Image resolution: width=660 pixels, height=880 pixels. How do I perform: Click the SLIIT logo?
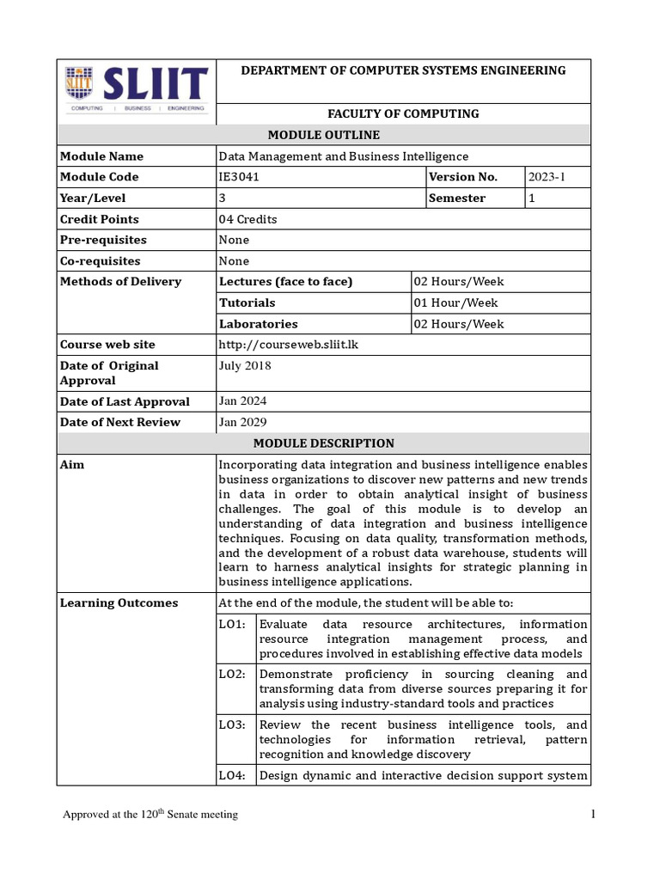coord(136,89)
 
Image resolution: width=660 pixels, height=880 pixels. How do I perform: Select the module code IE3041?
coord(239,177)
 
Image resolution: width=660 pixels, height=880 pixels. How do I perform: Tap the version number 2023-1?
coord(547,177)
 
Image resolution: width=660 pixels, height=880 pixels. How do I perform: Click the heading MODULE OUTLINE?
coord(324,135)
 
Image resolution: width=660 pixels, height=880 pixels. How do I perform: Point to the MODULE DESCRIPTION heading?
coord(324,443)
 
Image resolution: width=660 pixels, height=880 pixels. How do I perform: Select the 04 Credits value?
coord(248,219)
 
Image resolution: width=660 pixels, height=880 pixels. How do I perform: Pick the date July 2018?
coord(245,365)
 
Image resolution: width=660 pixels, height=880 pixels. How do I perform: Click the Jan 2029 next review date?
coord(242,422)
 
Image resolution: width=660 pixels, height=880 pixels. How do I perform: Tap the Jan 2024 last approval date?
coord(242,401)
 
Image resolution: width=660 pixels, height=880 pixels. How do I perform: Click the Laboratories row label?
coord(259,324)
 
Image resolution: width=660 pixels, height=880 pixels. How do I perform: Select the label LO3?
coord(232,724)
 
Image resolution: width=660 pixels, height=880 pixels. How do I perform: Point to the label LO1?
coord(232,624)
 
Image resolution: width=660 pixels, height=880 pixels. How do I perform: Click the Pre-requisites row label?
coord(103,240)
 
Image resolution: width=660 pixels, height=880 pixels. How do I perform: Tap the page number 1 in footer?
coord(593,814)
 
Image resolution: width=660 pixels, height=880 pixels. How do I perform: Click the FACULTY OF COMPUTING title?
coord(404,113)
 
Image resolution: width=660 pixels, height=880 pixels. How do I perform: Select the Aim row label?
coord(72,465)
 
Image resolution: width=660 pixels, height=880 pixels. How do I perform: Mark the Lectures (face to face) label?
coord(286,282)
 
